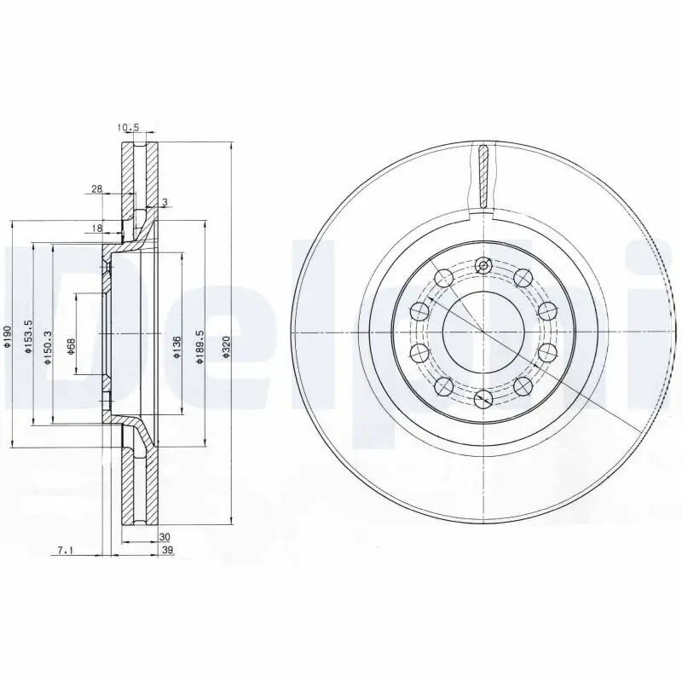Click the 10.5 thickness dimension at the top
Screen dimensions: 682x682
pos(128,129)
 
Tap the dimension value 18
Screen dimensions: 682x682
pos(96,228)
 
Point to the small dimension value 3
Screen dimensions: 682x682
pos(164,202)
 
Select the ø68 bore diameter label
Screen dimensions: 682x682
pos(72,346)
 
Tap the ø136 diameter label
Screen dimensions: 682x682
pos(176,347)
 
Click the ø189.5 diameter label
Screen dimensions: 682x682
pos(199,348)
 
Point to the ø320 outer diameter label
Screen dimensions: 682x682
pos(226,348)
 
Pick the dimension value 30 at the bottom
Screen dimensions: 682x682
pos(165,537)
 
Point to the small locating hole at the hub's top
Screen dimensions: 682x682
pos(483,266)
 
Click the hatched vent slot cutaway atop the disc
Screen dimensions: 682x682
pos(483,176)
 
